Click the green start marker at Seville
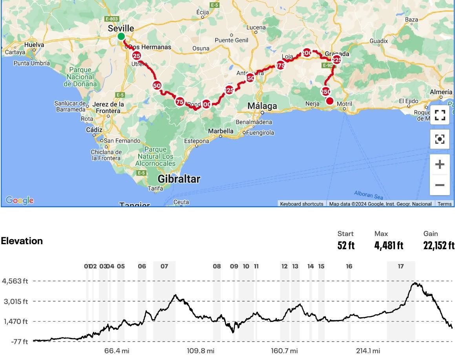(121, 37)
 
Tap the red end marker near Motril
(330, 101)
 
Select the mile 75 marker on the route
(180, 102)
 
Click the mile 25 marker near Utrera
(136, 56)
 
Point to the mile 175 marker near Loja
(280, 65)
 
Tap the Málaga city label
(262, 106)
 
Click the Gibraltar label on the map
(179, 179)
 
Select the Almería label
(441, 91)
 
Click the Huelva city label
(34, 45)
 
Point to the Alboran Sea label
(368, 194)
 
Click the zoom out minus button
(440, 185)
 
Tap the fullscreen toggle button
(440, 115)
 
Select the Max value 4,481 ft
(389, 246)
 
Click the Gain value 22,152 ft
(439, 246)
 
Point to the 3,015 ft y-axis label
(15, 301)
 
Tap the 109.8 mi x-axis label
(201, 351)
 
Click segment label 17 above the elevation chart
(400, 266)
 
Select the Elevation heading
(22, 241)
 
